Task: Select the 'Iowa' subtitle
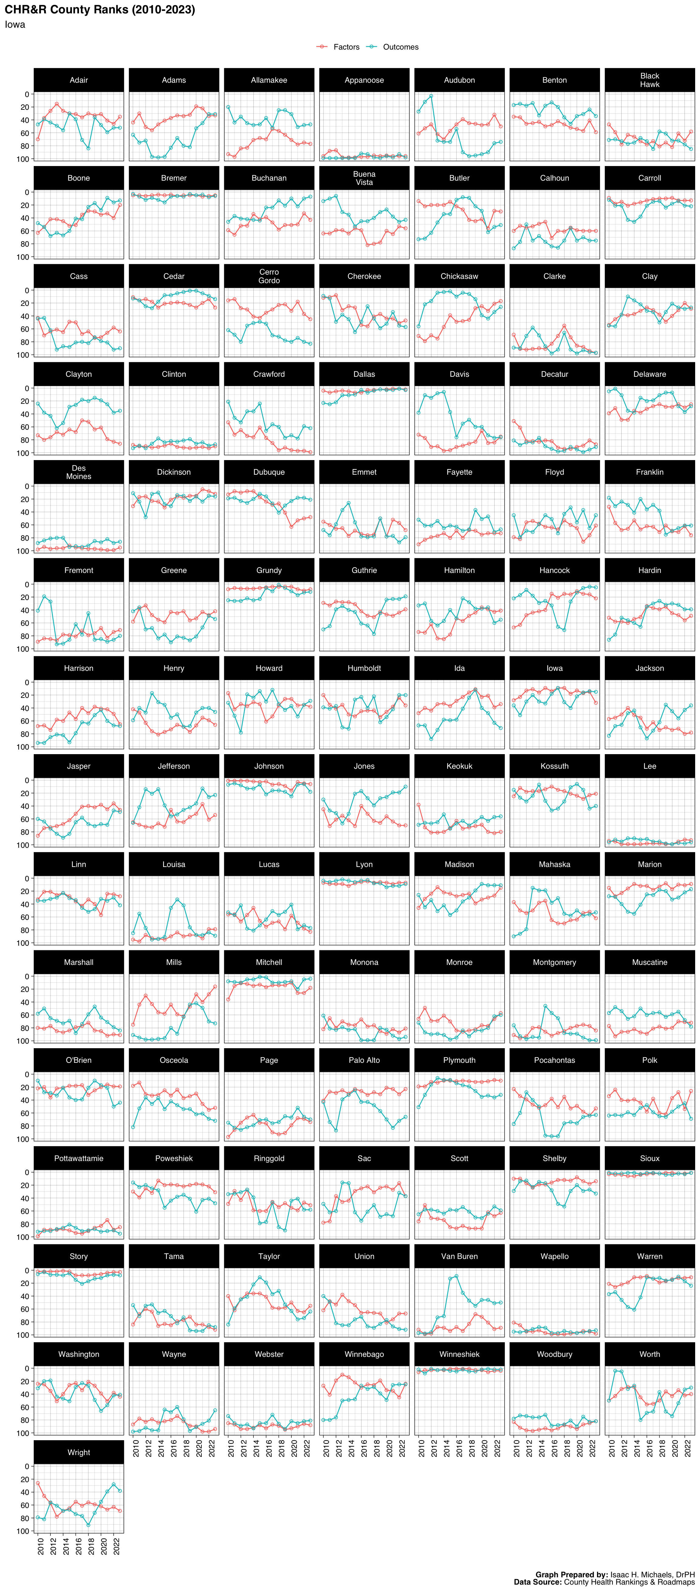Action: (15, 25)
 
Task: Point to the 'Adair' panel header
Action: (78, 80)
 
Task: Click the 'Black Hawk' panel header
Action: (649, 80)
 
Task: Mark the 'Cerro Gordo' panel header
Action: (269, 276)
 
